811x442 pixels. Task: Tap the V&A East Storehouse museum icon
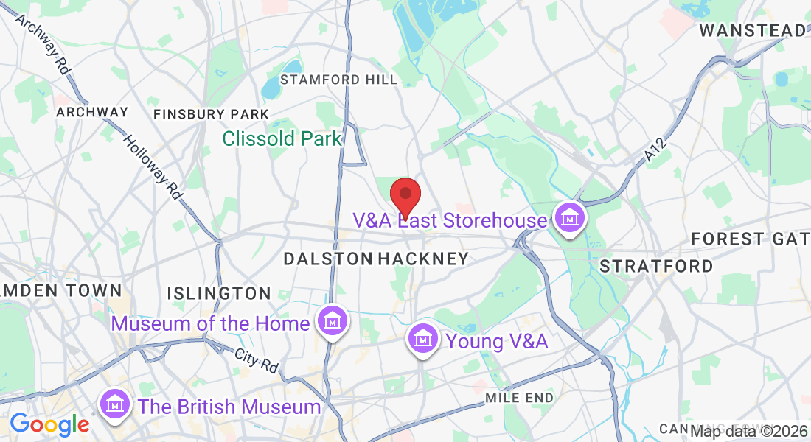coord(569,219)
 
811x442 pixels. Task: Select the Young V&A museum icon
coord(422,340)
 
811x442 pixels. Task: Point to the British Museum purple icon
coord(115,404)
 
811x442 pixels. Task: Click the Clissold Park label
coord(282,138)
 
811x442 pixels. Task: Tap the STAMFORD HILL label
coord(338,80)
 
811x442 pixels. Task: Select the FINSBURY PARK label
coord(211,114)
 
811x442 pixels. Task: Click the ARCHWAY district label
coord(92,112)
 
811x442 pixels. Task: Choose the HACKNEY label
coord(423,259)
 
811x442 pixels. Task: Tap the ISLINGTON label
coord(219,293)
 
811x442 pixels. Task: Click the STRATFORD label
coord(656,266)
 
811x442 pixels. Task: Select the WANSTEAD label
coord(752,31)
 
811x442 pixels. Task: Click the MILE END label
coord(519,398)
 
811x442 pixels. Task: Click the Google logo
coord(49,424)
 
